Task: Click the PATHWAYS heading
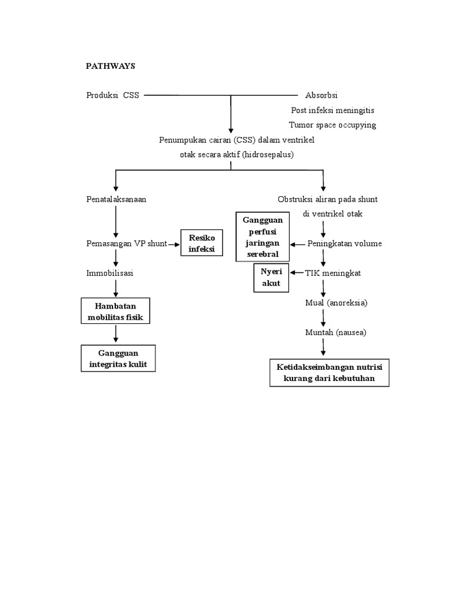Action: pos(111,66)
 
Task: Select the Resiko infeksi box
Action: pos(202,243)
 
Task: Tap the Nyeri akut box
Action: pos(271,277)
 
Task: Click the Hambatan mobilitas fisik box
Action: pos(115,312)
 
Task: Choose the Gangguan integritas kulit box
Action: pos(122,359)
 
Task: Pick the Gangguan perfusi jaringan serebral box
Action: pos(262,237)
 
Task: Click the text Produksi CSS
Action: pos(112,95)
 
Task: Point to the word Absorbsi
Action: pos(321,95)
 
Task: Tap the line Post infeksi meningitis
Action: pos(333,110)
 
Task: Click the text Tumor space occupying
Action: pos(333,125)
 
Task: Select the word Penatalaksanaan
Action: pos(116,199)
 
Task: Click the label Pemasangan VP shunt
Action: pos(127,243)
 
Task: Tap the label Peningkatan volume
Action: pos(345,243)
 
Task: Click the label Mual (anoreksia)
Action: pos(336,303)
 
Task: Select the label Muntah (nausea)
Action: pos(335,332)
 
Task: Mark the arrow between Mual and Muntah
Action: pos(323,318)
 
